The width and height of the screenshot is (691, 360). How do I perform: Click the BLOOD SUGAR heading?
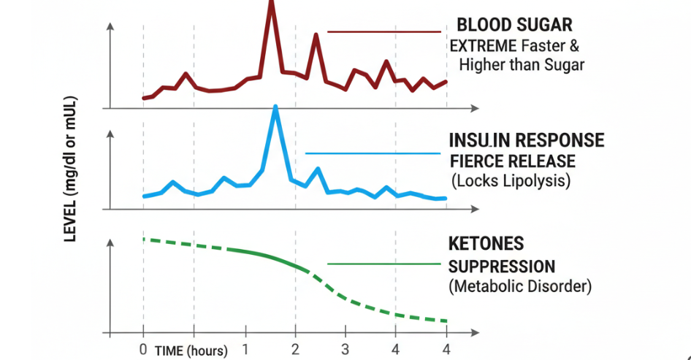(x=514, y=25)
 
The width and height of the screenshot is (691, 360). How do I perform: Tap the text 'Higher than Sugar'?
(x=522, y=65)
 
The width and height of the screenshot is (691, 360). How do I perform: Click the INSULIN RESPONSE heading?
(x=527, y=140)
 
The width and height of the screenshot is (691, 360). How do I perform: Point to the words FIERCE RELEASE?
(x=512, y=161)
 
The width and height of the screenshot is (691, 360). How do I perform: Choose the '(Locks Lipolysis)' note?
(x=510, y=180)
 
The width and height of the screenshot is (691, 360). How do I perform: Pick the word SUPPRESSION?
(x=501, y=266)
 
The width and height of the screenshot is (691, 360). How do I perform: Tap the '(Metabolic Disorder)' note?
(x=520, y=286)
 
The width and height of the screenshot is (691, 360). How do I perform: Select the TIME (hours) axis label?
(x=191, y=351)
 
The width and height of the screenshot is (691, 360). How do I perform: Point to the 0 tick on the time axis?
(x=143, y=348)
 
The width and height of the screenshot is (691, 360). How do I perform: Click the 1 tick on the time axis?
(x=245, y=348)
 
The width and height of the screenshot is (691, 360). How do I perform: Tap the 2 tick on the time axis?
(x=295, y=348)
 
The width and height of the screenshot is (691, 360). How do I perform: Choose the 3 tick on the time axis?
(x=345, y=348)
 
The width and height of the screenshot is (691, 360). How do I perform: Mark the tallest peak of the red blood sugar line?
(x=271, y=4)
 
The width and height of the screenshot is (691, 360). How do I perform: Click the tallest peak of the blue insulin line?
(x=275, y=108)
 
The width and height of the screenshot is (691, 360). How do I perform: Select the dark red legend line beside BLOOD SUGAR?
(x=384, y=32)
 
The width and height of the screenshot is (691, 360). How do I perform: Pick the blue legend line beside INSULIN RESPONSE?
(x=373, y=153)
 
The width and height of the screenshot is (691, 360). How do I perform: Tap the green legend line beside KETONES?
(x=384, y=264)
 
